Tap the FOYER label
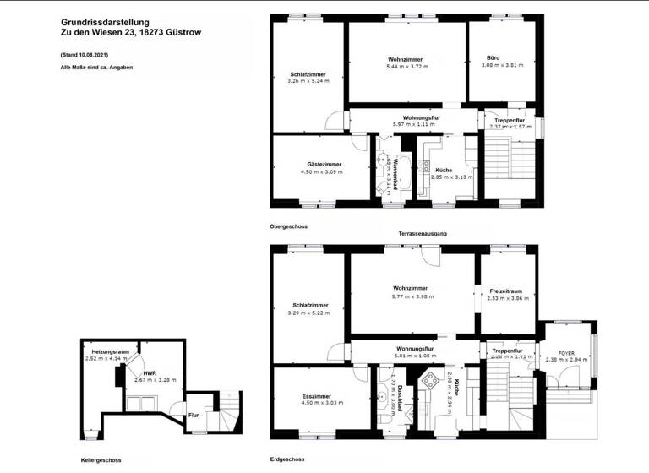[566, 353]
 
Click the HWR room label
[149, 372]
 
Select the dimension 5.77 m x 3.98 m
[413, 297]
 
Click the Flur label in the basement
[194, 415]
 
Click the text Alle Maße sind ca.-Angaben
[97, 67]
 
